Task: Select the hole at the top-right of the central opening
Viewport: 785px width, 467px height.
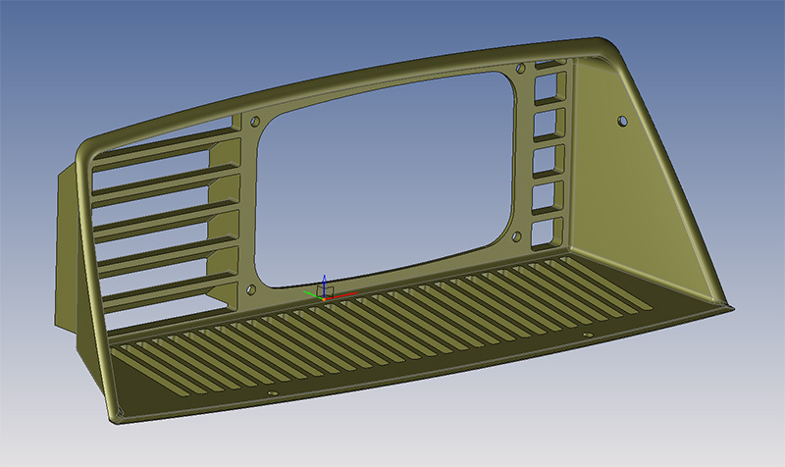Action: [x=519, y=69]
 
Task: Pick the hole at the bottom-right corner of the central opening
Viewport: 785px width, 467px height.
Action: [x=517, y=236]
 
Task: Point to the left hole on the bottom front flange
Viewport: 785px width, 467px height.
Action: [x=274, y=393]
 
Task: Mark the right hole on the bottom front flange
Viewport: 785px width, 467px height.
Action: [x=588, y=336]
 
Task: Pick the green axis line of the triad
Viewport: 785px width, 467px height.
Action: [x=311, y=291]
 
